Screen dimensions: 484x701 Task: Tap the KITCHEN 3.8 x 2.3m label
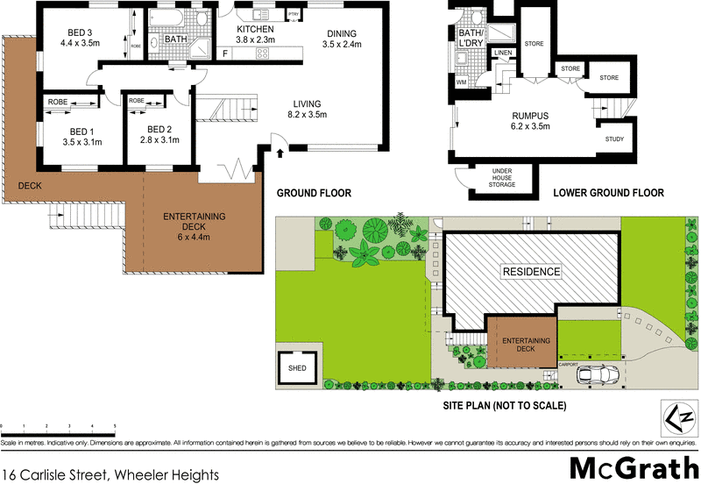pyautogui.click(x=256, y=34)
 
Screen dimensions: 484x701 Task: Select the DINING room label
pyautogui.click(x=341, y=39)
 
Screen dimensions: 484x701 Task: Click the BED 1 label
pyautogui.click(x=81, y=135)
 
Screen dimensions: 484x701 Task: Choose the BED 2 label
pyautogui.click(x=159, y=135)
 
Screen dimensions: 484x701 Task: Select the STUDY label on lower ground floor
pyautogui.click(x=614, y=139)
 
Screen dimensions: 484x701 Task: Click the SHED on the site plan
pyautogui.click(x=297, y=368)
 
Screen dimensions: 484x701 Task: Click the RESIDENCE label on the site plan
pyautogui.click(x=530, y=272)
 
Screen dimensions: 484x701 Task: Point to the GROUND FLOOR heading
pyautogui.click(x=314, y=193)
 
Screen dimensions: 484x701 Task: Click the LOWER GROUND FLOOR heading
pyautogui.click(x=608, y=193)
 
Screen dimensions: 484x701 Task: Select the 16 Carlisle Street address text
pyautogui.click(x=110, y=474)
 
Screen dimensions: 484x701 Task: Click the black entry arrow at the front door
pyautogui.click(x=280, y=153)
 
